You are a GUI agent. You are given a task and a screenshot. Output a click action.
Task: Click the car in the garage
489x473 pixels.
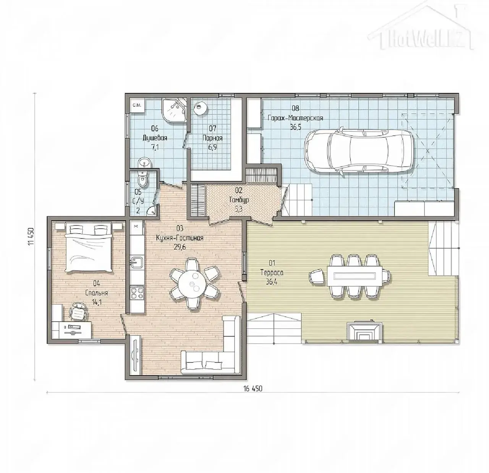coord(358,151)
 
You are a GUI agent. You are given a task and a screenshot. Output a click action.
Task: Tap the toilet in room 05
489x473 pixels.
coord(143,179)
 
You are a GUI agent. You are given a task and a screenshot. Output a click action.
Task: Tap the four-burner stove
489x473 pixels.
coord(137,293)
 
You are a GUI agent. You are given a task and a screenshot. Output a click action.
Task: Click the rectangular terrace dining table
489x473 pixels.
coord(355,276)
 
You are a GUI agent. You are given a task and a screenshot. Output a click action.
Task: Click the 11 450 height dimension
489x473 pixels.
coord(31,236)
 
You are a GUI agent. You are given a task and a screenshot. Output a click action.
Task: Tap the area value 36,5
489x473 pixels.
coord(296,127)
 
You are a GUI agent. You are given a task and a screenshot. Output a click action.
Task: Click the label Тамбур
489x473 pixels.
coord(239,200)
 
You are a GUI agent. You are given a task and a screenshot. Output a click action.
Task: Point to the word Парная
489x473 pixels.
coord(212,138)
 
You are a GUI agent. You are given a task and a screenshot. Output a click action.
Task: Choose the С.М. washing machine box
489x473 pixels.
coord(137,105)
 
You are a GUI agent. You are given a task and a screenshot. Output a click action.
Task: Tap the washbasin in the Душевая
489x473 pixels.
coord(144,162)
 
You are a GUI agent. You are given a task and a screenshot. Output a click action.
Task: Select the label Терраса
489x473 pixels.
coord(272,273)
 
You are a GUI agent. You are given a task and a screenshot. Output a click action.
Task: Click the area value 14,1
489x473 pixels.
coord(97,302)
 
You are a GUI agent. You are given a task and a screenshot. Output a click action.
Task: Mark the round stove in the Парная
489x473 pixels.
coord(200,108)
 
